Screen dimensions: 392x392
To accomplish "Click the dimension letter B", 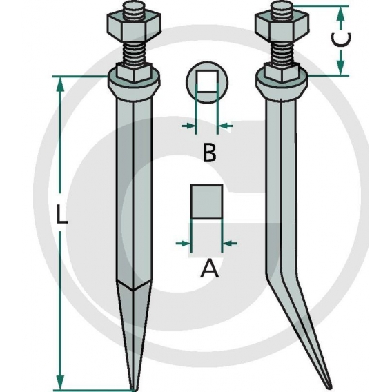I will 209,153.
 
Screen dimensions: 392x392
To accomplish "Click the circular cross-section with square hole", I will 206,86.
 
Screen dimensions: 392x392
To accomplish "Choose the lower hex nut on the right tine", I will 282,72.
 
